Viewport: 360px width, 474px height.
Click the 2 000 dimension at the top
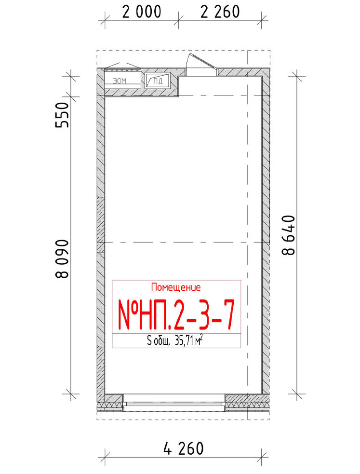[142, 12]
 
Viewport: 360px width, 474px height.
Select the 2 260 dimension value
[220, 12]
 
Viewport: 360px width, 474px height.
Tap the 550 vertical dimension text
[62, 115]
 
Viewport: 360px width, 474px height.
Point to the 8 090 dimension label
[62, 259]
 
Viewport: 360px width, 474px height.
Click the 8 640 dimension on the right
[288, 235]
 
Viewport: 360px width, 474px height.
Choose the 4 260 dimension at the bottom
[183, 448]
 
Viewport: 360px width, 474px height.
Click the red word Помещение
[176, 287]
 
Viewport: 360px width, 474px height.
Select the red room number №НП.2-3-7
[176, 314]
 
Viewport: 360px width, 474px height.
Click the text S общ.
[159, 341]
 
